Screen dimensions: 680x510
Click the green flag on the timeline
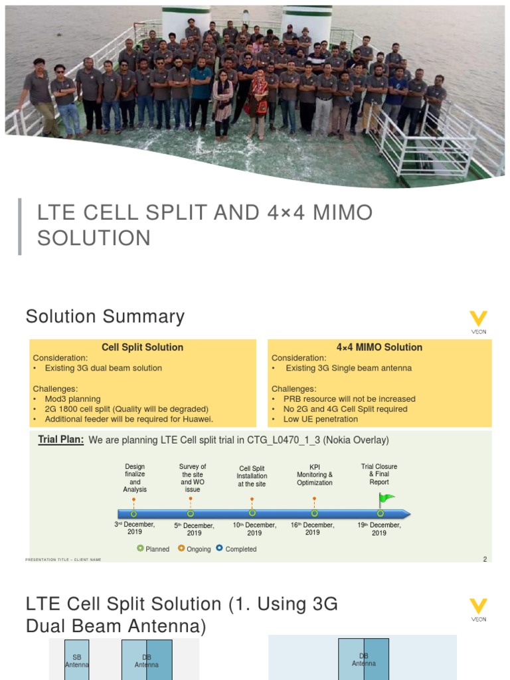coord(386,498)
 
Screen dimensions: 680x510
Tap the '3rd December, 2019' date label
coord(135,528)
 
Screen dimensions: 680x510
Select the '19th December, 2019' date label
coord(379,529)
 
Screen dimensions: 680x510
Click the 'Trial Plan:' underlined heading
coord(61,440)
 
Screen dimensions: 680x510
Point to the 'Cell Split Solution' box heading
coord(142,347)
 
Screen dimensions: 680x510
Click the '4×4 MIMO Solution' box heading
coord(379,347)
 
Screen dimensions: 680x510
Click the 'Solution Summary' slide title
coord(105,317)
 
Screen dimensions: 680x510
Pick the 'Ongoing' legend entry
coord(194,549)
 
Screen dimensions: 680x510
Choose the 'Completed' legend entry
coord(236,549)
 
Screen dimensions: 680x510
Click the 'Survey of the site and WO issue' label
coord(193,478)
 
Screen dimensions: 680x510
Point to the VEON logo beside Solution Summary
coord(478,323)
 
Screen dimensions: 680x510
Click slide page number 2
coord(485,559)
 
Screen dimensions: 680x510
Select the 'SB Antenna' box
coord(76,659)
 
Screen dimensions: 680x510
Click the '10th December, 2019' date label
coord(254,529)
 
